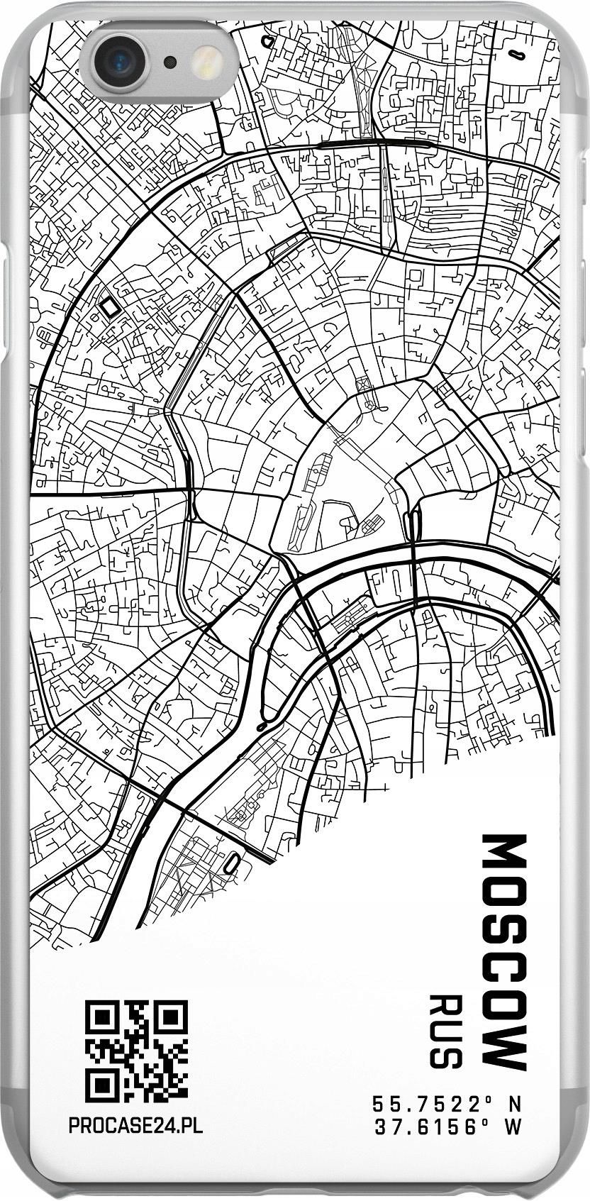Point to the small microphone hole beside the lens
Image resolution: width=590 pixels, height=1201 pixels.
pyautogui.click(x=170, y=62)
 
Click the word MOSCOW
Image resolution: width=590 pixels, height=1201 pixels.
pyautogui.click(x=504, y=952)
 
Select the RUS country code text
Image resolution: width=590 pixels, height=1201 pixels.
pyautogui.click(x=446, y=1032)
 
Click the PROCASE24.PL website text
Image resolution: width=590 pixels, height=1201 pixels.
pyautogui.click(x=135, y=1126)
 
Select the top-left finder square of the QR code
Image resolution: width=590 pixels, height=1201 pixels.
pyautogui.click(x=100, y=1017)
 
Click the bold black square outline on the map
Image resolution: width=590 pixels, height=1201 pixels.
pyautogui.click(x=110, y=306)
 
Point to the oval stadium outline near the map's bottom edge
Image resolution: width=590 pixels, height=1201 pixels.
pyautogui.click(x=232, y=863)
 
